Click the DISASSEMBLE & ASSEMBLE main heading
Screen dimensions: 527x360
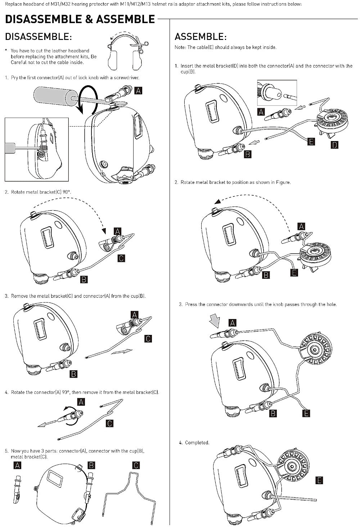[x=80, y=19]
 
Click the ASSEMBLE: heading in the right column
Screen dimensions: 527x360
[x=200, y=37]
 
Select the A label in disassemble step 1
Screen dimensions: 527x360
[x=138, y=90]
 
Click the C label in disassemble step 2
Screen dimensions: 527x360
[x=121, y=258]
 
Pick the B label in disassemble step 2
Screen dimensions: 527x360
[x=84, y=279]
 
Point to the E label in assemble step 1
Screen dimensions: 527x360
[x=311, y=141]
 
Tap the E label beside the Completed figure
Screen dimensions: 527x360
[x=319, y=480]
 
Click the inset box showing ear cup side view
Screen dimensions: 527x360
[x=36, y=149]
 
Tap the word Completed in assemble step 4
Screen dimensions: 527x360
[x=197, y=442]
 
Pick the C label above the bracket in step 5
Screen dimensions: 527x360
[x=136, y=465]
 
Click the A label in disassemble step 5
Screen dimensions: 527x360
[x=17, y=465]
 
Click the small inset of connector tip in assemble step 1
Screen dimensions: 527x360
[x=277, y=93]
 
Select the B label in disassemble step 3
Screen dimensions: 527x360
[x=73, y=374]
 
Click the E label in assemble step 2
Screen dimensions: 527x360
[x=294, y=273]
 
